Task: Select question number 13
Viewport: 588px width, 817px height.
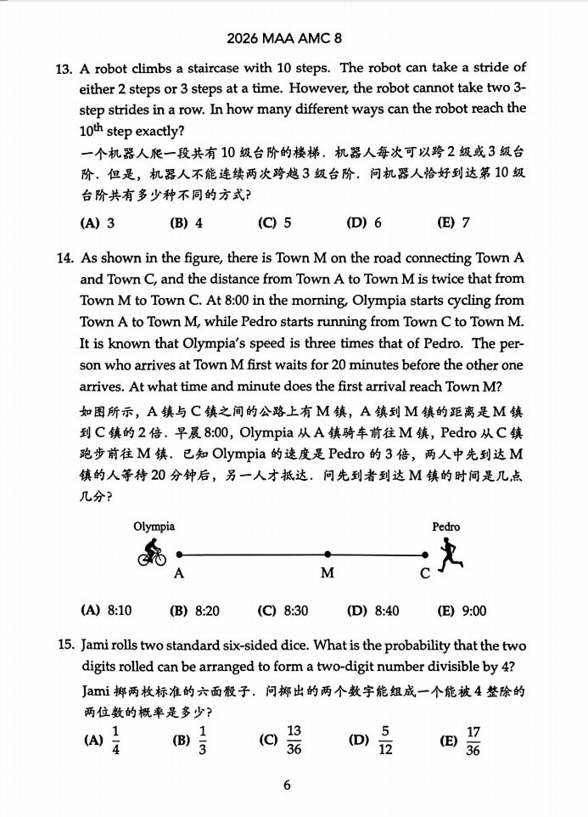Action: tap(64, 68)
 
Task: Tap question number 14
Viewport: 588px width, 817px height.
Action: tap(64, 258)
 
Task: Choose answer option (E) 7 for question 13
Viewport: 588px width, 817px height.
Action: tap(453, 223)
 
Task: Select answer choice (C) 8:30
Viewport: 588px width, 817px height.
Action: tap(283, 610)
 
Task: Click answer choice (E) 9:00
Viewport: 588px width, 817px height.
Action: tap(462, 610)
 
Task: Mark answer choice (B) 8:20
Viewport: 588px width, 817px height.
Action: tap(194, 610)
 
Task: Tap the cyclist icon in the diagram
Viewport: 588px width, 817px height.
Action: tap(153, 553)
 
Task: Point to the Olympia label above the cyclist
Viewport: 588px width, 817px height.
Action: tap(154, 527)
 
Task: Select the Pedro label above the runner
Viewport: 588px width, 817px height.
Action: tap(446, 527)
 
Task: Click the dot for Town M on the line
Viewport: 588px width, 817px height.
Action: tap(327, 555)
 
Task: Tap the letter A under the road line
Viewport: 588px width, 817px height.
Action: tap(178, 573)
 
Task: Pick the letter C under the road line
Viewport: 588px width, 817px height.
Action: tap(426, 573)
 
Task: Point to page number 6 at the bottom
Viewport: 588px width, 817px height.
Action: tap(287, 785)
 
